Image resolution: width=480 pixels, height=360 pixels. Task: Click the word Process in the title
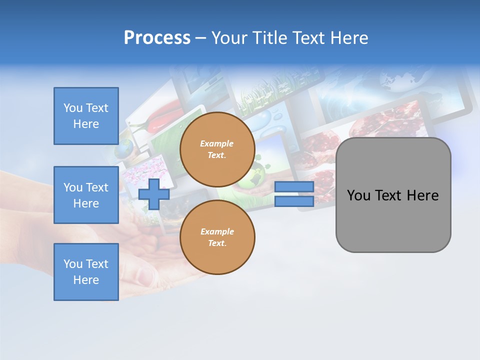pos(157,38)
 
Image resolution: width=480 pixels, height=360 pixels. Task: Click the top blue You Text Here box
pos(86,116)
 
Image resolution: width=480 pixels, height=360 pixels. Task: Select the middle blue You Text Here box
pos(86,195)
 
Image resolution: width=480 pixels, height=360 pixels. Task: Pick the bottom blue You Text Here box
pos(86,272)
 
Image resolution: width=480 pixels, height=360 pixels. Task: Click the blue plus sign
pos(154,194)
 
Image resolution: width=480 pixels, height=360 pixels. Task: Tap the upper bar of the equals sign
pos(294,186)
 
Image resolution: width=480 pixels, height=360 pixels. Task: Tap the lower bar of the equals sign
pos(294,201)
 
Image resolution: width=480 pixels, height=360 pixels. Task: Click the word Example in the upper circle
pos(216,143)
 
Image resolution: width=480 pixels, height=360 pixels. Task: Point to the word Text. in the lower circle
pos(217,243)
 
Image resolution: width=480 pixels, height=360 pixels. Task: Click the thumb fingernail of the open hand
pos(145,275)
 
